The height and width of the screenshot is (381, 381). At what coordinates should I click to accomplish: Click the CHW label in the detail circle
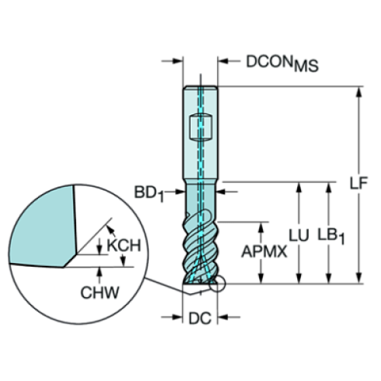tap(100, 292)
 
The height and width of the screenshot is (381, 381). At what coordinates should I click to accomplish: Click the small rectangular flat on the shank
tap(201, 126)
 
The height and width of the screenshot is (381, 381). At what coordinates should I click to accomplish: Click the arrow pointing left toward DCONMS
tap(224, 61)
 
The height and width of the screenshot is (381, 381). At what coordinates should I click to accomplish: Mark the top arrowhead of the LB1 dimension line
tap(330, 187)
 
